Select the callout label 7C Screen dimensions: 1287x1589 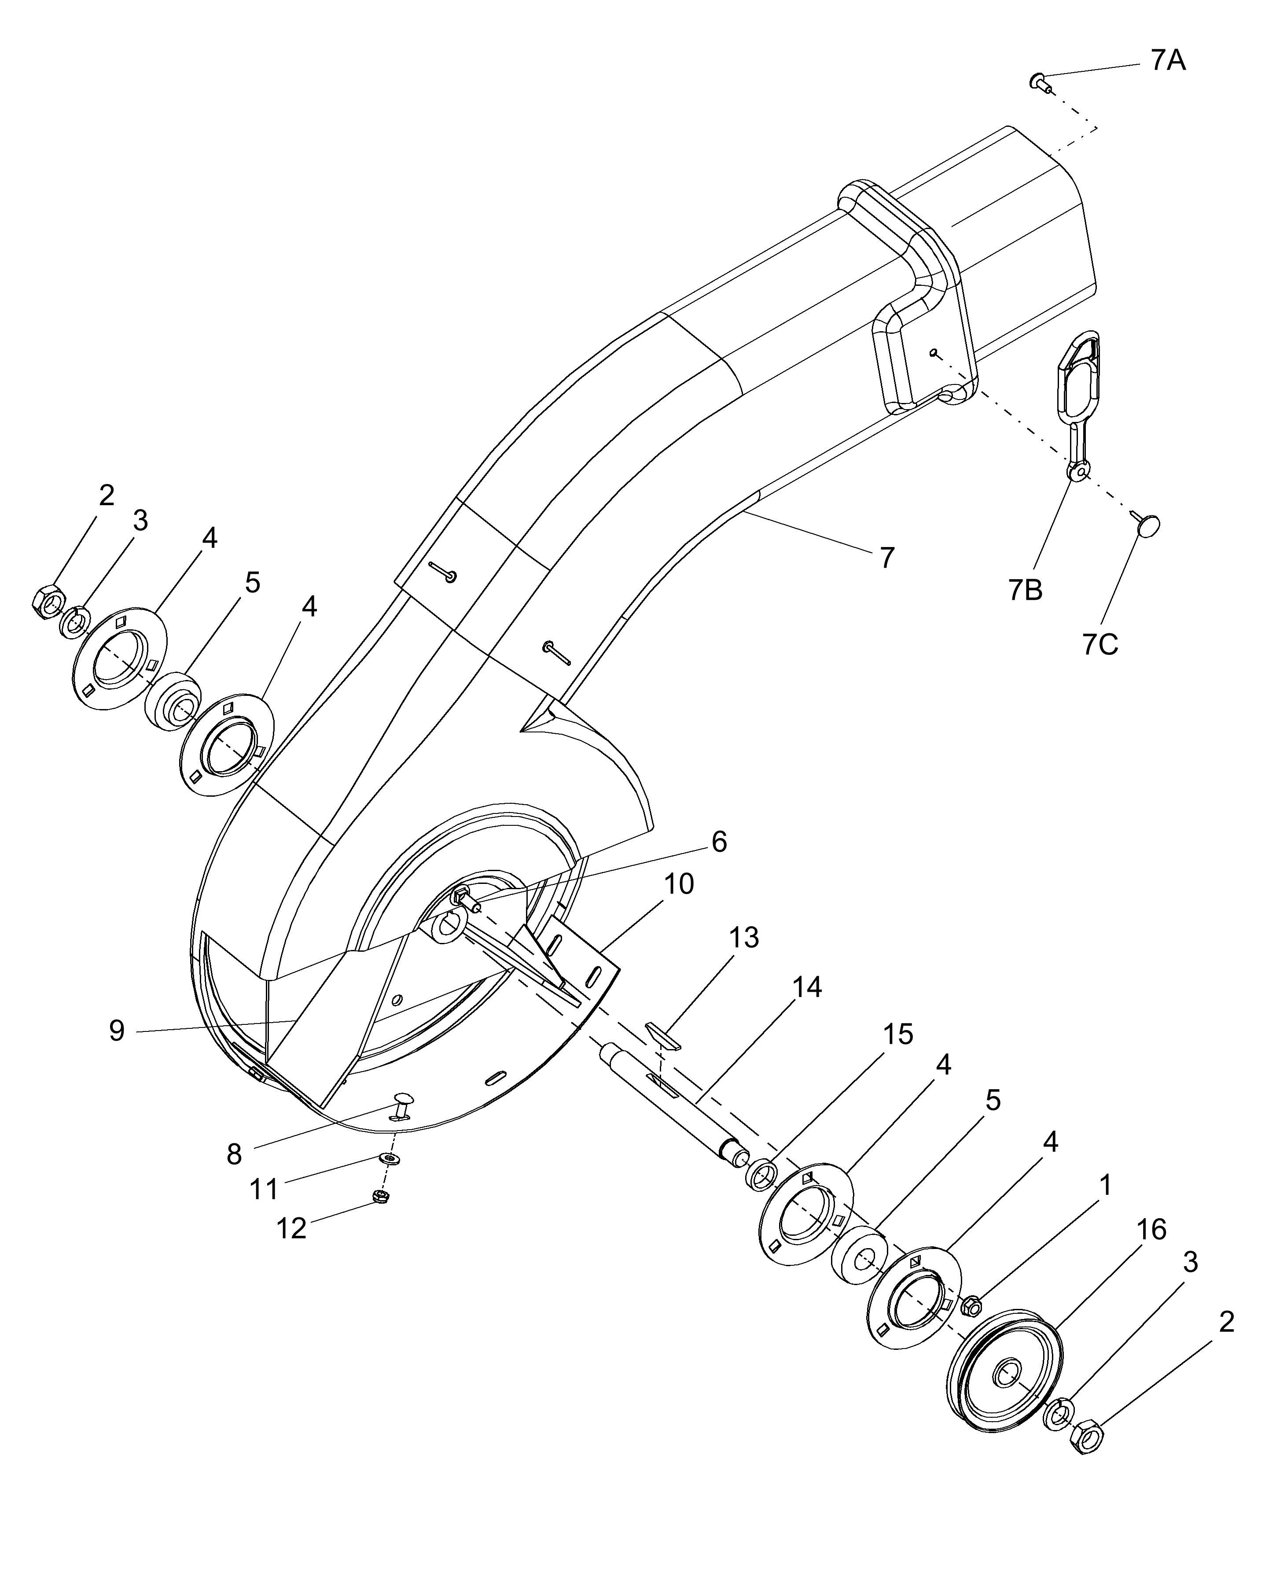tap(1100, 645)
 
